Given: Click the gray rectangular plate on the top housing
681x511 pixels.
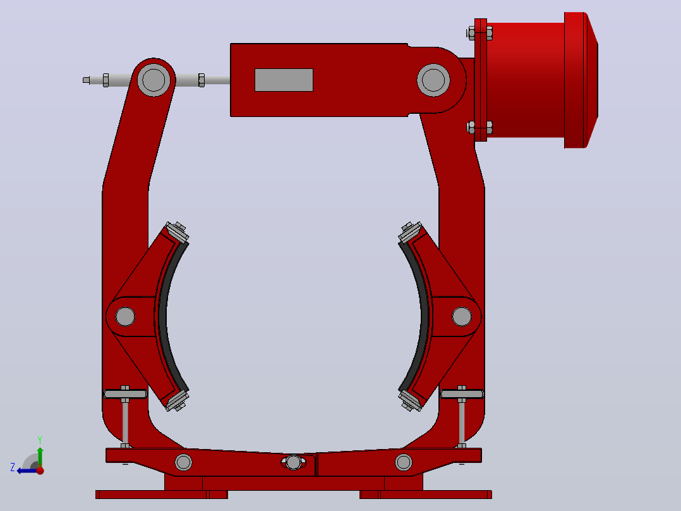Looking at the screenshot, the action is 284,80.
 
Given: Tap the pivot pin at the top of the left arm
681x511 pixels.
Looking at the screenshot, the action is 154,80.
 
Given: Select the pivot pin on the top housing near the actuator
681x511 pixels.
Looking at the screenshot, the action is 433,80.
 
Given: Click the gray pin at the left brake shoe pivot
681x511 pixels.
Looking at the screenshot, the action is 125,317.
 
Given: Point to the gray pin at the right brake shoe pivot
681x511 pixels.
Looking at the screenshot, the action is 462,317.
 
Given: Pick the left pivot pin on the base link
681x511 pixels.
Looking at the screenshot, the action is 183,462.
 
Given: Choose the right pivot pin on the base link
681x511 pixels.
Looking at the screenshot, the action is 404,462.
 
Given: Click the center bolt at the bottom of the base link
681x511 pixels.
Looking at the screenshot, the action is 294,462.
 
